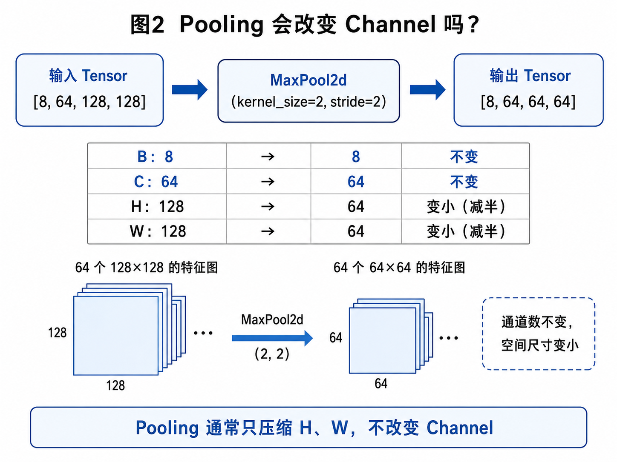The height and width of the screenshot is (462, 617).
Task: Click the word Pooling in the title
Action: (x=222, y=25)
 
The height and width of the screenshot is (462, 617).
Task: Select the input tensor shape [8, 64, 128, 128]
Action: (x=89, y=102)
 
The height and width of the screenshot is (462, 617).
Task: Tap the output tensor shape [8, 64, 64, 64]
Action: (x=528, y=102)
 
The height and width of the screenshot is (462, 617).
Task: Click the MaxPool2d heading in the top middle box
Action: (x=308, y=80)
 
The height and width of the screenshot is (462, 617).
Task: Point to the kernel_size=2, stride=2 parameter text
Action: (x=308, y=102)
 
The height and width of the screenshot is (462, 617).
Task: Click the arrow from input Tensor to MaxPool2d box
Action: (x=190, y=90)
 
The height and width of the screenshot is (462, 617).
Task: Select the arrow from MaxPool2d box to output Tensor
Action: (x=427, y=90)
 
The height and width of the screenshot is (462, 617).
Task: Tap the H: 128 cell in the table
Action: (x=157, y=206)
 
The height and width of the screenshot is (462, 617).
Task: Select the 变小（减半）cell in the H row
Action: (x=466, y=206)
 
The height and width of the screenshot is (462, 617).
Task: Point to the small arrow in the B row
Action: (x=268, y=157)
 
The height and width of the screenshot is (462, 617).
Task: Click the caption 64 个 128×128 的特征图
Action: (x=147, y=267)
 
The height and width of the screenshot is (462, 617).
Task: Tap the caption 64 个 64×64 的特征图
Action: (x=399, y=267)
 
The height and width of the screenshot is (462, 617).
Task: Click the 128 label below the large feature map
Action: (x=115, y=385)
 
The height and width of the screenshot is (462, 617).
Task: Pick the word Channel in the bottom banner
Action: (x=460, y=428)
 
